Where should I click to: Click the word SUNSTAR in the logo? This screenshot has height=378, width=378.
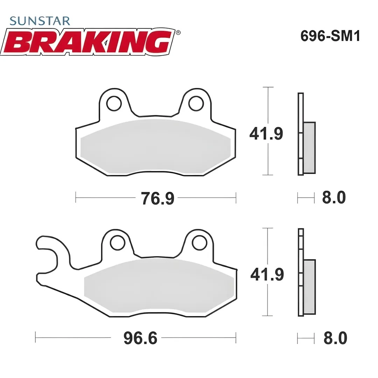(40, 21)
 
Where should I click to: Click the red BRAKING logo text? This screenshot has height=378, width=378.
(87, 42)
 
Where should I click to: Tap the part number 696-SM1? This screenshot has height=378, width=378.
(330, 36)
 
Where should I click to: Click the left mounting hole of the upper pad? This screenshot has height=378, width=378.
(114, 104)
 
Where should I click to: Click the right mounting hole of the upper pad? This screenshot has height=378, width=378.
(196, 103)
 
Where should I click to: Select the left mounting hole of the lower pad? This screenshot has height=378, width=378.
(118, 243)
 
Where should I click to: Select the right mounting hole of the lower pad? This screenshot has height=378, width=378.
(199, 243)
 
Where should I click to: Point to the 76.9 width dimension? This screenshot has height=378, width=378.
(157, 198)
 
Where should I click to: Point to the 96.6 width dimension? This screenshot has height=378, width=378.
(140, 338)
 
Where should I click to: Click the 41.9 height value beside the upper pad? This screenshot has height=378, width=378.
(266, 134)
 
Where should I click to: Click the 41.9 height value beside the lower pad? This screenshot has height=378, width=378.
(267, 275)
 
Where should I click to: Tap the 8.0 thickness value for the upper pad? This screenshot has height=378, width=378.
(334, 198)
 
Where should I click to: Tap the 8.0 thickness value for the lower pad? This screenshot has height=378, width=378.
(335, 339)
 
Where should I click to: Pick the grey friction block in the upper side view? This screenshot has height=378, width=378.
(309, 147)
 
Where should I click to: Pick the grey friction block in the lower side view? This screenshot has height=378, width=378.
(310, 287)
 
